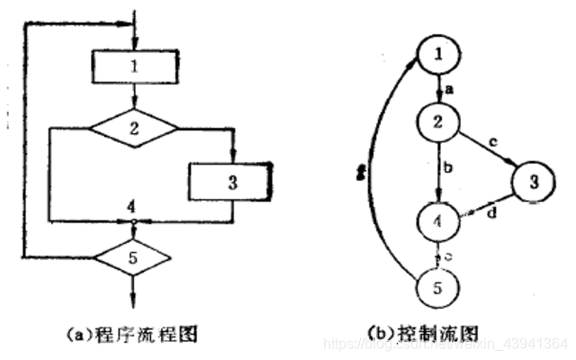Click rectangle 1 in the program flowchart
point(134,67)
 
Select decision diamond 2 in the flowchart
point(134,127)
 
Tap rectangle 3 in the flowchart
point(231,181)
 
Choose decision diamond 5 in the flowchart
point(134,259)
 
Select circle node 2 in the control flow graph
point(437,121)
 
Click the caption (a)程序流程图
point(135,333)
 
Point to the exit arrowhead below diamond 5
point(134,302)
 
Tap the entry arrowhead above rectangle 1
point(134,43)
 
